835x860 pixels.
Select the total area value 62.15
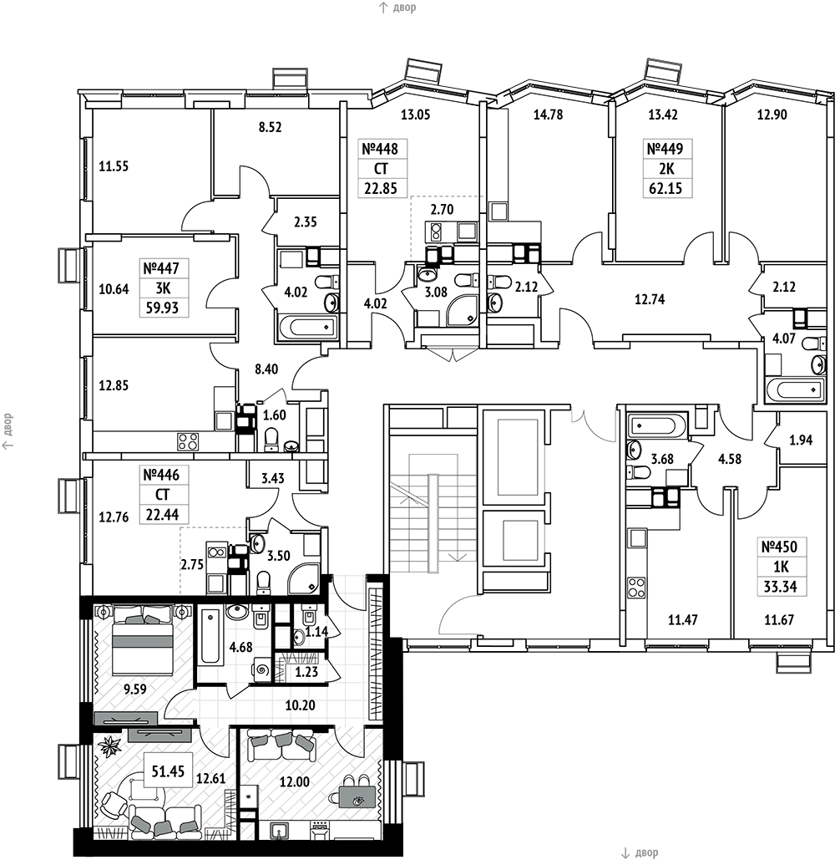[x=665, y=189]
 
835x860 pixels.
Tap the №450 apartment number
[x=780, y=547]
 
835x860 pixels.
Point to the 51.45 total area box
[x=168, y=771]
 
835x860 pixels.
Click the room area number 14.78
[x=548, y=114]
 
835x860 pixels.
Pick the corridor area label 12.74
[x=650, y=299]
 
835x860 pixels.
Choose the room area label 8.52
[x=270, y=127]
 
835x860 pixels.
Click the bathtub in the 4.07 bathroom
[x=797, y=390]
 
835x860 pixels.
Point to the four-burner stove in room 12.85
[x=187, y=441]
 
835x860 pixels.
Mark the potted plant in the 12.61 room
[x=112, y=746]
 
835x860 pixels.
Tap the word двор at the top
[x=404, y=8]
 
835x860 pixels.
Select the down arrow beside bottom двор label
[x=625, y=852]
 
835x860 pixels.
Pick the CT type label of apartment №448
[x=380, y=169]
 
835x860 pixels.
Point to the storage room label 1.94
[x=801, y=440]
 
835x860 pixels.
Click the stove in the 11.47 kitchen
[x=637, y=588]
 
